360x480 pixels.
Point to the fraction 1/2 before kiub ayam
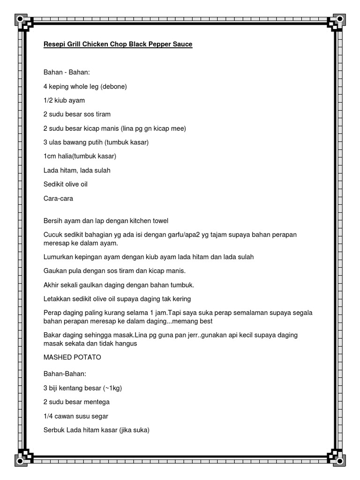click(x=48, y=101)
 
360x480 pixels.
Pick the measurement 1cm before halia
click(x=50, y=156)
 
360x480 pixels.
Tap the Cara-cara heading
click(x=58, y=198)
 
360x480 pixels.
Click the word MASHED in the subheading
click(x=56, y=357)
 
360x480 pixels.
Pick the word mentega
click(x=97, y=402)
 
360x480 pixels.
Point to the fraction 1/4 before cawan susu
click(x=48, y=416)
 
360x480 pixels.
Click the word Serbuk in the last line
click(x=54, y=430)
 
